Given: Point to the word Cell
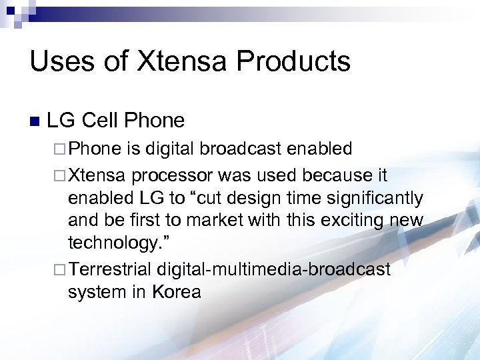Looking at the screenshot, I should coord(103,121).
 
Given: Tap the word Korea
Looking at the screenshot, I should coord(176,291).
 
